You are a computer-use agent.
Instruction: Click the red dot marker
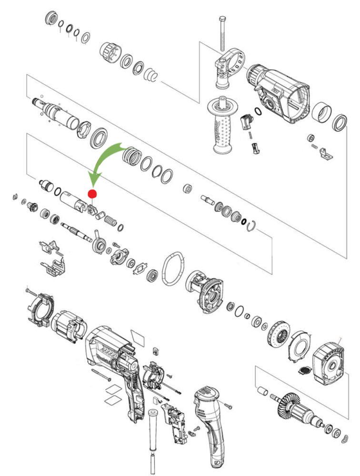92,194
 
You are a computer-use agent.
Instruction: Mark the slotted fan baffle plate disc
300,345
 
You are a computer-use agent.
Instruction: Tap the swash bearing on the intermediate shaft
100,244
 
